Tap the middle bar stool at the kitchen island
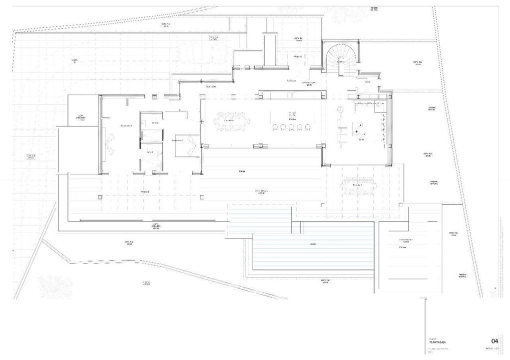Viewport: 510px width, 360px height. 291,127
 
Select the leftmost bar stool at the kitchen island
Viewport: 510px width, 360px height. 275,127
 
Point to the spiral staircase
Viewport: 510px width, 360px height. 341,58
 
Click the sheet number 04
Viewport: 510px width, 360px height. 495,341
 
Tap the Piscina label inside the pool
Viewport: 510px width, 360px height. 313,244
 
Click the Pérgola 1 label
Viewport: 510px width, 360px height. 146,191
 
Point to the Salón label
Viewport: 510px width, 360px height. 361,139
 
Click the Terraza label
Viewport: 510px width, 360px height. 242,171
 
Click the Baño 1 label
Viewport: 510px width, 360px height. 149,151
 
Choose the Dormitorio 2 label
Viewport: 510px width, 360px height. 177,141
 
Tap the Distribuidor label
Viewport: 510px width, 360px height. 211,86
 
